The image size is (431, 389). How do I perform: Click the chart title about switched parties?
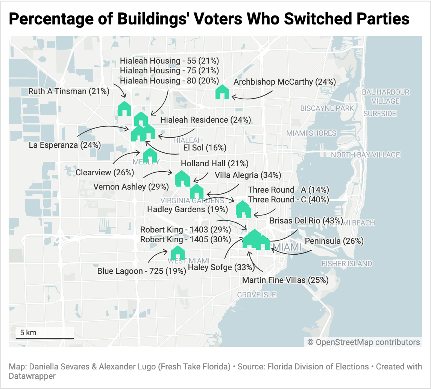pos(209,19)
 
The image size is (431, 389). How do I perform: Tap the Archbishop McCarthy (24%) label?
pos(285,82)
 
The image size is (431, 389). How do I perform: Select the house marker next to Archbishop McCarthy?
pos(222,92)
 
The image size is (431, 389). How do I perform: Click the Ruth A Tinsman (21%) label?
pos(69,91)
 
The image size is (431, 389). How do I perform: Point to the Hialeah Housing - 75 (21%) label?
pos(169,70)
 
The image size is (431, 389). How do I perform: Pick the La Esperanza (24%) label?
pos(65,145)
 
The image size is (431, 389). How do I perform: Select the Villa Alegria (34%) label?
pos(248,175)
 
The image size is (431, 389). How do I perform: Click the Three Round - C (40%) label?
pos(288,199)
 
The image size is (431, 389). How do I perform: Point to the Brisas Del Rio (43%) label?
pos(307,220)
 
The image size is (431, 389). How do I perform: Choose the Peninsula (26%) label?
pos(334,241)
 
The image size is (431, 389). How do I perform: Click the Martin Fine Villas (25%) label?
pos(285,280)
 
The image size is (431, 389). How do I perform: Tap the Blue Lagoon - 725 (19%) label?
pos(142,271)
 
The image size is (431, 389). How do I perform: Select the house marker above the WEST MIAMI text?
pos(178,253)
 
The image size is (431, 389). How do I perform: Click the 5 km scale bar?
pos(45,338)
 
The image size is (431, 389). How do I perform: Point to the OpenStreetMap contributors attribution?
pos(363,342)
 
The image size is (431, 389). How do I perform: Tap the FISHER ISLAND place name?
pos(347,263)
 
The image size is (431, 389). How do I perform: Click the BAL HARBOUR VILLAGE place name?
pos(386,96)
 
